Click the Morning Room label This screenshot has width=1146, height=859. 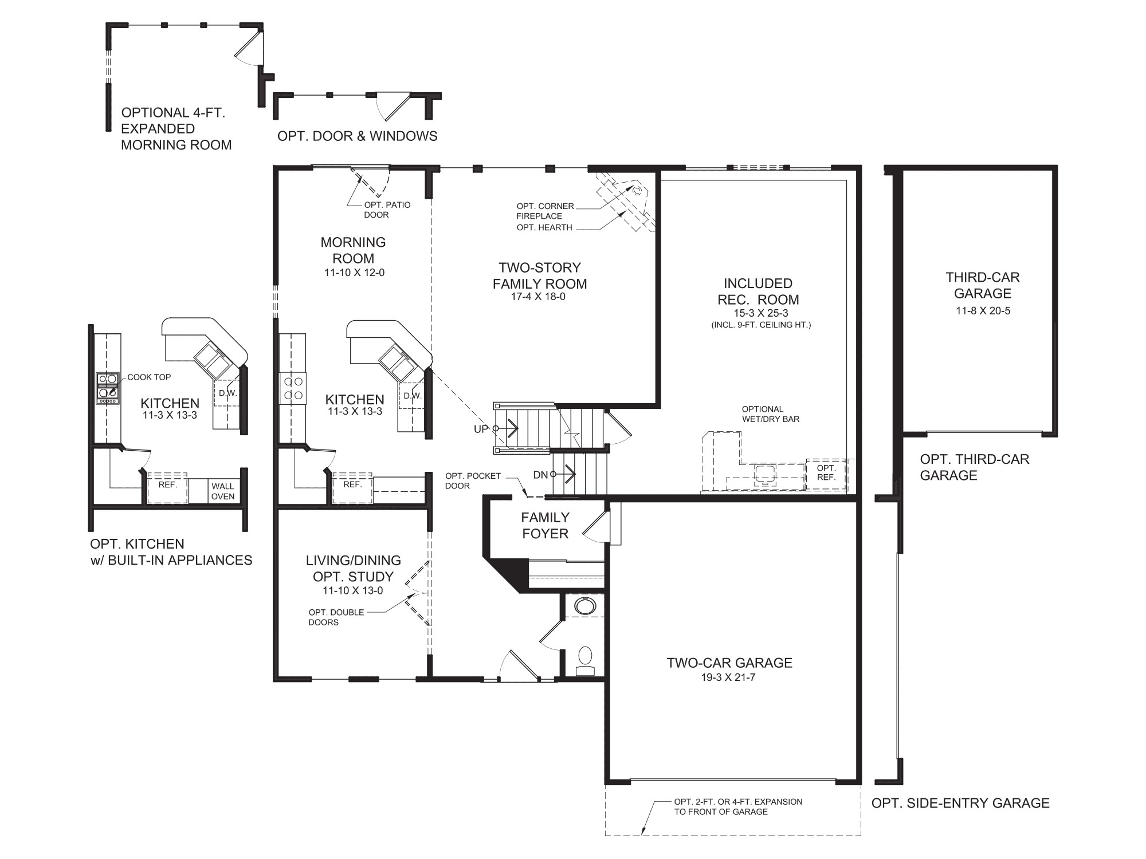353,250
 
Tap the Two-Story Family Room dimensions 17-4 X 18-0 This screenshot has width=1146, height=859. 538,297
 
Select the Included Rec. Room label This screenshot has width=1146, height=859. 758,291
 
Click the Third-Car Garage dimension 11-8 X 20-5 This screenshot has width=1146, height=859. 982,311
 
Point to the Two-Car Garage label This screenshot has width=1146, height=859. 729,663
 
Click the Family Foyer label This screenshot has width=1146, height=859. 545,525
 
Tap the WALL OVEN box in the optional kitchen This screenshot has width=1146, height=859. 222,491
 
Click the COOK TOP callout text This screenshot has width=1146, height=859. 149,377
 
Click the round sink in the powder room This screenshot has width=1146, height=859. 584,605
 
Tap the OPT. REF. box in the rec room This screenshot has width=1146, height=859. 826,473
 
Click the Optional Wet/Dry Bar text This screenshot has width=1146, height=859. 770,414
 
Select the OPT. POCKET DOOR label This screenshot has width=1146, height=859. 473,480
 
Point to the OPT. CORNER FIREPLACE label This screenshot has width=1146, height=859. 544,211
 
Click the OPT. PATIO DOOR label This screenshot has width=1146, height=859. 387,210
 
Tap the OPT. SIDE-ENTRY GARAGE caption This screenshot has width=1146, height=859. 960,803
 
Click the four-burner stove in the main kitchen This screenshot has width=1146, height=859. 293,388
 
